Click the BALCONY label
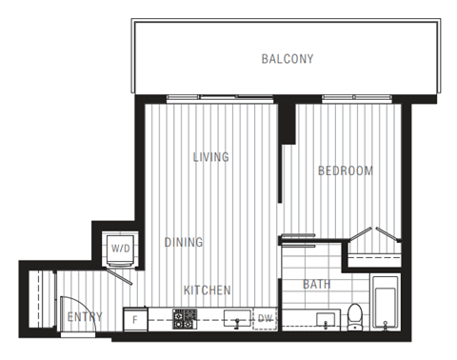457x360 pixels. click(x=288, y=59)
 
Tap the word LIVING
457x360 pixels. click(x=210, y=157)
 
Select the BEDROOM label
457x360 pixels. click(x=345, y=171)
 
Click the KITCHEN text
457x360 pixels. click(x=208, y=290)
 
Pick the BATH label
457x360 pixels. click(x=317, y=285)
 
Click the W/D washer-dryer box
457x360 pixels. click(x=120, y=249)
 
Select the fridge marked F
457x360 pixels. click(x=135, y=319)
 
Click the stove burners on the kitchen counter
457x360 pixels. click(x=185, y=319)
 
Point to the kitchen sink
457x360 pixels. click(x=234, y=318)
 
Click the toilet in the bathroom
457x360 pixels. click(x=355, y=314)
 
